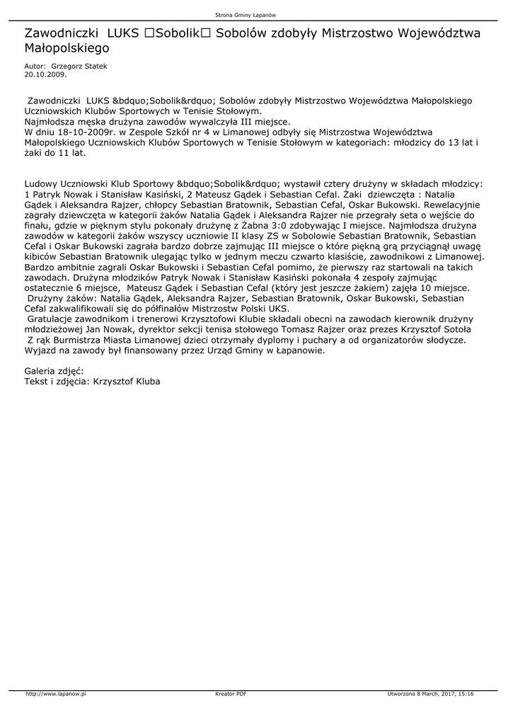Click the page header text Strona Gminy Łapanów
[x=255, y=15]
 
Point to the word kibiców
[x=40, y=257]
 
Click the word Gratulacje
[x=52, y=320]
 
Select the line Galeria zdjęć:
[x=54, y=370]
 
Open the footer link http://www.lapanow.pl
[x=55, y=694]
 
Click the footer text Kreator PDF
[x=231, y=694]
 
